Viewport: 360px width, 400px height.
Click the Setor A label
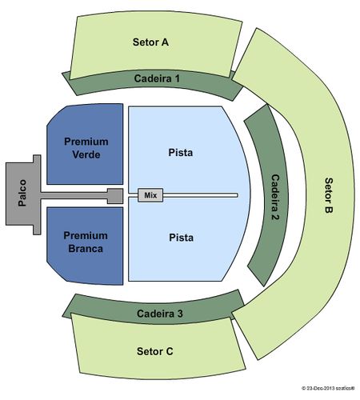coord(150,42)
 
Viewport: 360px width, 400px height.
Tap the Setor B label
coord(329,195)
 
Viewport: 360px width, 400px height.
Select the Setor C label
coord(155,351)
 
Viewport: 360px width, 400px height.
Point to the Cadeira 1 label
coord(157,78)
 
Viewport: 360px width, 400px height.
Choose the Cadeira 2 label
coord(275,197)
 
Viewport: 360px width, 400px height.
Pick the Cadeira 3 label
coord(160,314)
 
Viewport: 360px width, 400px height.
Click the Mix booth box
coord(150,195)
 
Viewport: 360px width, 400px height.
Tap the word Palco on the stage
coord(22,193)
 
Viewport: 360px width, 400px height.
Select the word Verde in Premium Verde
coord(86,154)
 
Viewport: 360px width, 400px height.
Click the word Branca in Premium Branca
coord(86,249)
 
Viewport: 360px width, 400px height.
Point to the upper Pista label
coord(181,153)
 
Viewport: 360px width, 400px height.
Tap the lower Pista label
coord(181,238)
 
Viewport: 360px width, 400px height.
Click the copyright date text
coord(328,388)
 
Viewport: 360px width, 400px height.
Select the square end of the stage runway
coord(115,196)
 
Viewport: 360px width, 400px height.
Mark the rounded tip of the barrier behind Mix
coord(236,195)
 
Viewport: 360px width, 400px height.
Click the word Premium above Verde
coord(86,142)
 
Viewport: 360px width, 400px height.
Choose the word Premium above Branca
coord(86,235)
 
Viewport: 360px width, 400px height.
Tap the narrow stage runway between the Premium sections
coord(74,195)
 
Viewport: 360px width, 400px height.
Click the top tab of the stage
coord(37,159)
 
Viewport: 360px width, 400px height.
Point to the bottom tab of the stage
coord(37,230)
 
